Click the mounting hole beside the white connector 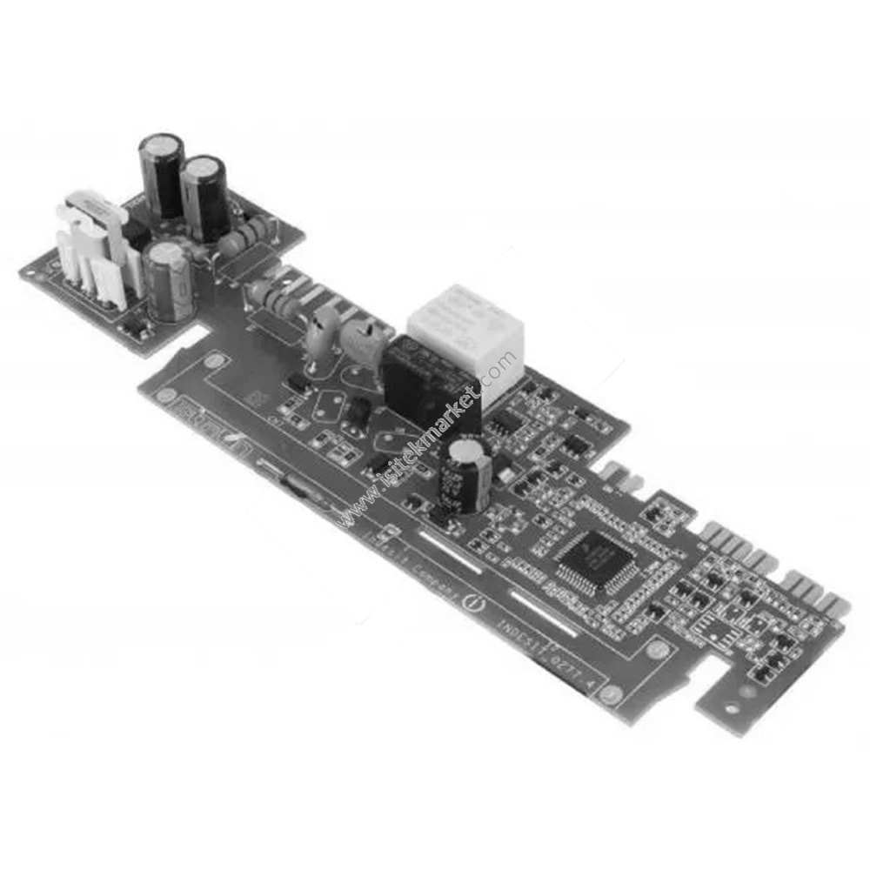(x=30, y=271)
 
